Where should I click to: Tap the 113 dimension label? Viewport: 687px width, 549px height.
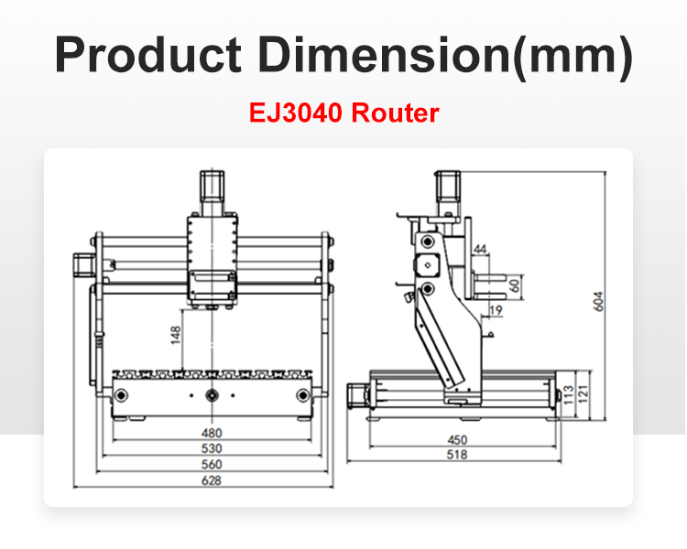point(568,394)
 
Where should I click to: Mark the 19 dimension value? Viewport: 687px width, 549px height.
point(496,311)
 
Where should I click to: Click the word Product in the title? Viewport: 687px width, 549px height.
point(147,57)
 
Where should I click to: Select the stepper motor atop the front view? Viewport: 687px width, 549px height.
point(213,190)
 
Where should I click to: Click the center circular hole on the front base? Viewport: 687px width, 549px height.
point(213,395)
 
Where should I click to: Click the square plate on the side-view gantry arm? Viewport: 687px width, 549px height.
point(426,264)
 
